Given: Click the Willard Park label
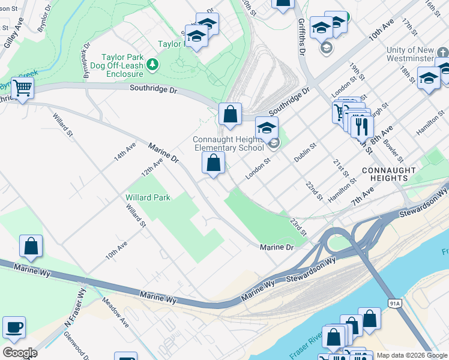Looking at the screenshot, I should [x=148, y=197].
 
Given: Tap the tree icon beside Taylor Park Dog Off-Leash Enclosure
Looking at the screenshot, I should [x=153, y=64].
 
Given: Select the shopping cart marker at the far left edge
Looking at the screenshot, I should [x=22, y=88].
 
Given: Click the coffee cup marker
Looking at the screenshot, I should [x=14, y=328].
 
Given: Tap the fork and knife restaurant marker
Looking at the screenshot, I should [x=361, y=126].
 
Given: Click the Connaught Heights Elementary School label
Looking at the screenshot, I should [x=228, y=143].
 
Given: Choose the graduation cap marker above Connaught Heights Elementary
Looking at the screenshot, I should [x=267, y=127].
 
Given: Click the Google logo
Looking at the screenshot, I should [x=20, y=353].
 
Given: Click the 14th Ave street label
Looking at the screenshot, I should [x=125, y=151].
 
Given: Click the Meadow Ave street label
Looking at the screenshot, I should [x=115, y=312].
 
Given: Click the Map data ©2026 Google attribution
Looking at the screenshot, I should [x=412, y=355].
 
